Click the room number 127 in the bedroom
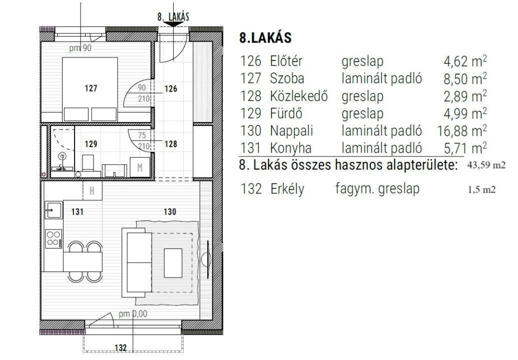pos(91,88)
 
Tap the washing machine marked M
pos(140,167)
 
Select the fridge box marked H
pos(92,190)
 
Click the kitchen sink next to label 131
pos(53,210)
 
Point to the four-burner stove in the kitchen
pos(54,239)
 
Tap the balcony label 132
pos(121,347)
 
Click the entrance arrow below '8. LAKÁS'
pos(173,24)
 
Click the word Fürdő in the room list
pos(286,113)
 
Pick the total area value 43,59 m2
pos(486,165)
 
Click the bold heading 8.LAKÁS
pos(265,37)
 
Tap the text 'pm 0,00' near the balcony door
pos(133,313)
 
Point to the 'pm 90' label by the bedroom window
pos(80,48)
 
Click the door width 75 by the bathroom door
pos(142,135)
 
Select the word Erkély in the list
pos(287,189)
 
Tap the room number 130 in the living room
pos(170,211)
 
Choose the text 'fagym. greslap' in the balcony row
pos(377,188)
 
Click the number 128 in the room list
pos(250,96)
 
